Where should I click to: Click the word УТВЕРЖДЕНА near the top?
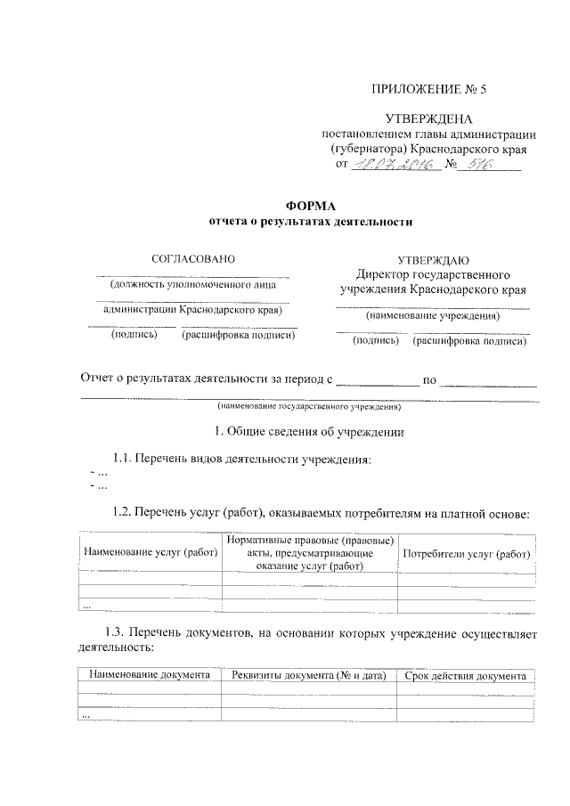click(428, 118)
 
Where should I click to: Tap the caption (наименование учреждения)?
click(433, 317)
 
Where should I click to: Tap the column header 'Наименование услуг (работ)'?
click(151, 554)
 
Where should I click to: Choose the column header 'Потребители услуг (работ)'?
click(467, 554)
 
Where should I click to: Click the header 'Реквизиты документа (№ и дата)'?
click(308, 676)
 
